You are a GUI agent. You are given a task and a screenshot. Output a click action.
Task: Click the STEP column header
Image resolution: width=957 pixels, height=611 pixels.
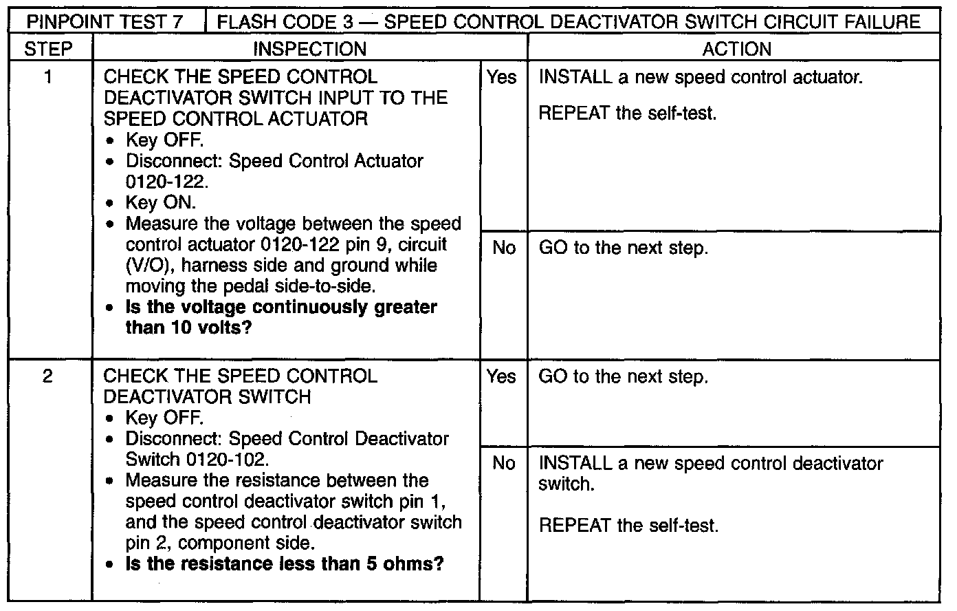coord(47,49)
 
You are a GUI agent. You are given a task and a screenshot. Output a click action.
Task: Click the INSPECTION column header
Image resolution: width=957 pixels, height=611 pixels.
coord(309,49)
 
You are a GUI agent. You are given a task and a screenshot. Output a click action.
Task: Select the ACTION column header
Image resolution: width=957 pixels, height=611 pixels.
coord(736,49)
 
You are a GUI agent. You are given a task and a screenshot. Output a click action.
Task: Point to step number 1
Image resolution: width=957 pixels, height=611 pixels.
coord(47,77)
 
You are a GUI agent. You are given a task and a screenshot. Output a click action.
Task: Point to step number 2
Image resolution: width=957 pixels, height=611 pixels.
coord(47,376)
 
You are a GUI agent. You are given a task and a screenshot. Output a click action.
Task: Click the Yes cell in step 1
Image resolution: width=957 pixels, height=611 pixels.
coord(501,77)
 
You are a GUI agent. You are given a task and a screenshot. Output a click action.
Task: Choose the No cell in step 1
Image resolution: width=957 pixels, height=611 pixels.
coord(503,248)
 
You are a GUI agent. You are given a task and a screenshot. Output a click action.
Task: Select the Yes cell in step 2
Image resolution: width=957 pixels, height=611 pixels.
coord(501,376)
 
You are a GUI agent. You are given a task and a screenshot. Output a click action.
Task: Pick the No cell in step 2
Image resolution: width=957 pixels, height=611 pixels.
coord(503,463)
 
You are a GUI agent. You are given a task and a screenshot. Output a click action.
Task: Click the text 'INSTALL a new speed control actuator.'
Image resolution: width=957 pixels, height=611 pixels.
coord(700,77)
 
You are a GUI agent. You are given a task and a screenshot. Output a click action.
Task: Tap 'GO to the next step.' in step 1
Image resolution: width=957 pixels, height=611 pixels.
coord(623,248)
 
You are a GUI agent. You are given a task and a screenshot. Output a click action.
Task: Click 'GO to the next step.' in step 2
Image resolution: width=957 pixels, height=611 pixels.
coord(623,376)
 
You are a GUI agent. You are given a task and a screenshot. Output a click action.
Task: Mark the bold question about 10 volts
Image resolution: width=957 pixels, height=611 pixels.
coord(281,317)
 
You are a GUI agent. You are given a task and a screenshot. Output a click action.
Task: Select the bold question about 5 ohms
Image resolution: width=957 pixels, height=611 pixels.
coord(285,564)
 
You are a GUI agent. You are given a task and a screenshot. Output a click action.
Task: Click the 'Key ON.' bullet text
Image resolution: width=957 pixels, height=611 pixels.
coord(161,203)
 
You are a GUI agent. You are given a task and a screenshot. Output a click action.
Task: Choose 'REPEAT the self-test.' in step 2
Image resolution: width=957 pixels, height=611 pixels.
coord(628,526)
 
